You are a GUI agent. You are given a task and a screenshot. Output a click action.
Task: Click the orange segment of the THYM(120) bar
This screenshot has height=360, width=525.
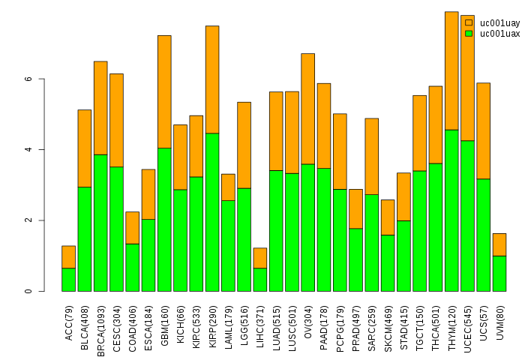tap(451, 70)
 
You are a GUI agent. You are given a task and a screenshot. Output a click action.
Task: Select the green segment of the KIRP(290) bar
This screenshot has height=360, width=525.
tap(212, 212)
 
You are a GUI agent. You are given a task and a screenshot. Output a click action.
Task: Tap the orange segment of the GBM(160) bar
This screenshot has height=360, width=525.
tap(164, 91)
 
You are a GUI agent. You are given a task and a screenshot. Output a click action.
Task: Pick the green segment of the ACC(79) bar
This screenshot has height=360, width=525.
tap(68, 279)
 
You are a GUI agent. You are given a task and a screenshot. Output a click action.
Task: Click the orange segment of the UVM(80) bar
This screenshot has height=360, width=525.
tap(499, 244)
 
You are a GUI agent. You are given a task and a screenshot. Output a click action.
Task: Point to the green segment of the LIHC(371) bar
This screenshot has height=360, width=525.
tap(260, 279)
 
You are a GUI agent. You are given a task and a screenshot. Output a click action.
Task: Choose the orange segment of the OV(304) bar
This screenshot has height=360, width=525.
tap(308, 109)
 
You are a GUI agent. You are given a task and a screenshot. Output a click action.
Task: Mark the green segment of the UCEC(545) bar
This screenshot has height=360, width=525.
tap(467, 216)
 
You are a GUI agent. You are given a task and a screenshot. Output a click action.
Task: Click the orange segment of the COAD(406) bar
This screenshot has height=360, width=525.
tap(132, 227)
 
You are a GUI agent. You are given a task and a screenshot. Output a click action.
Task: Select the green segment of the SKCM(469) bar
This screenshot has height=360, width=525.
tap(388, 262)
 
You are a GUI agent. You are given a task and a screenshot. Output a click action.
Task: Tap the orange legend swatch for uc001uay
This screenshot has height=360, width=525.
tap(469, 22)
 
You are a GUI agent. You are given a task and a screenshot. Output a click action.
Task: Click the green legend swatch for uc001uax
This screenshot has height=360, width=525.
tap(469, 33)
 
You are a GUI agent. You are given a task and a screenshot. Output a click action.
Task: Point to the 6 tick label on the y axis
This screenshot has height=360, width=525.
tap(28, 79)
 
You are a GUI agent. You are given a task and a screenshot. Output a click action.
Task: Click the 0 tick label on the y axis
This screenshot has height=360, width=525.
tap(28, 291)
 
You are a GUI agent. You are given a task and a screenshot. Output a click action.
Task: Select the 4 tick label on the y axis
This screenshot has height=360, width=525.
tap(28, 149)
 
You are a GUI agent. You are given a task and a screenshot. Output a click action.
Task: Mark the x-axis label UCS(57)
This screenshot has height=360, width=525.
tap(484, 320)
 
